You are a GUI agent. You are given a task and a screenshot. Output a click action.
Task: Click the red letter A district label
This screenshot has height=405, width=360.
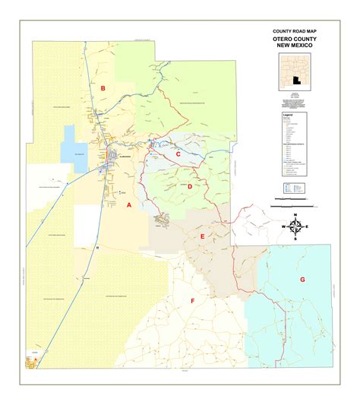[x=129, y=205]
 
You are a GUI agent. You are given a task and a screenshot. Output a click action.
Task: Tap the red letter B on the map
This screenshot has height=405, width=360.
[x=103, y=88]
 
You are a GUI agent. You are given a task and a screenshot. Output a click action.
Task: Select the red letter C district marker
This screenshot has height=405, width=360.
[x=178, y=154]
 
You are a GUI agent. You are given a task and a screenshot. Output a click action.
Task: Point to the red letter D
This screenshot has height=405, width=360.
[x=189, y=186]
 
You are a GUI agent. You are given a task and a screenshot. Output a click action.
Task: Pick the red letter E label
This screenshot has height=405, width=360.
[x=203, y=237]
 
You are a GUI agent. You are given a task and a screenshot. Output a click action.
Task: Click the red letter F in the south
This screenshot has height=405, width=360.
[x=192, y=301]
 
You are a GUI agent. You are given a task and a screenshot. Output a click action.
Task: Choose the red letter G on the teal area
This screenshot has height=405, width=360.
[x=302, y=280]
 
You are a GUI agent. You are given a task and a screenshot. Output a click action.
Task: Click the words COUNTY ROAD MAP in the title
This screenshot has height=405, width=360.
[x=293, y=32]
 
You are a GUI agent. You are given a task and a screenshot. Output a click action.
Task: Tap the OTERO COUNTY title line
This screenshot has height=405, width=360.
[x=293, y=40]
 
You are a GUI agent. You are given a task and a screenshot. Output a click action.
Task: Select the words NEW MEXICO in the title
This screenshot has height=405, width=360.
[x=293, y=46]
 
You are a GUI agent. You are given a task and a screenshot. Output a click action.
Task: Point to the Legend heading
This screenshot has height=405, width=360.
[x=288, y=115]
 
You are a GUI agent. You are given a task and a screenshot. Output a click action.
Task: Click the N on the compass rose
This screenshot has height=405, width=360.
[x=295, y=217]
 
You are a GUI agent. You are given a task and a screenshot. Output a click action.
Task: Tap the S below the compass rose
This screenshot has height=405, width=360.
[x=295, y=239]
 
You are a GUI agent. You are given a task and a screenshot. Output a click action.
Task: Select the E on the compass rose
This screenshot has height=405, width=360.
[x=306, y=227]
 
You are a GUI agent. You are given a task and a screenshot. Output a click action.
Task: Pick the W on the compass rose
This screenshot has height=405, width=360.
[x=284, y=227]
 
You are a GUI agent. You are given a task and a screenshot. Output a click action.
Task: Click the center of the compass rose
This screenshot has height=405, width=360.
[x=295, y=227]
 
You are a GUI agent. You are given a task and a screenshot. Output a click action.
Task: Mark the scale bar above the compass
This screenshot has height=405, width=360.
[x=293, y=204]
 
